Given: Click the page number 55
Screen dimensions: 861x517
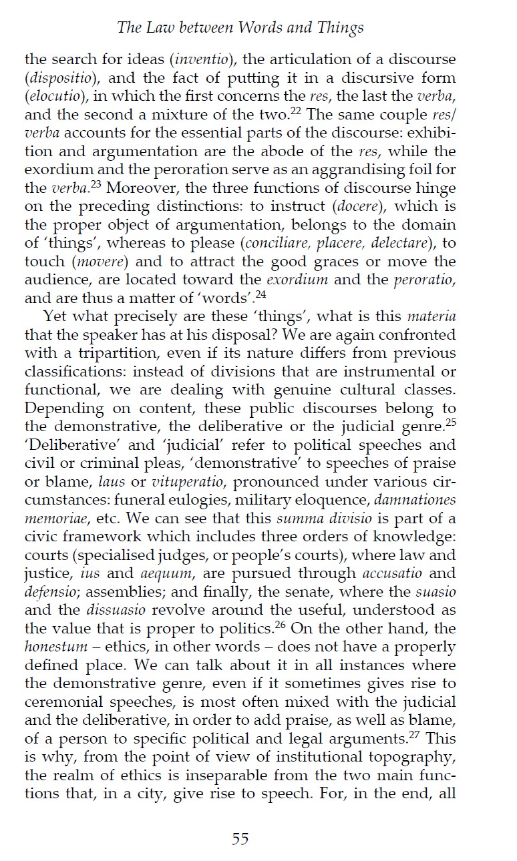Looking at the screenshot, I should (x=240, y=839).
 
